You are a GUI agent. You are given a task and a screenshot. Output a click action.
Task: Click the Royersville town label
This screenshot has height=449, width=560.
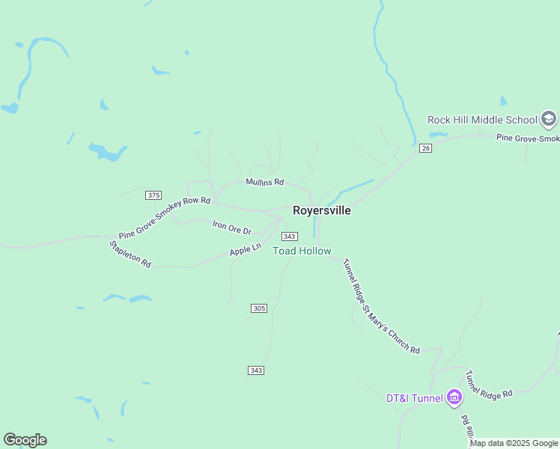coord(321,210)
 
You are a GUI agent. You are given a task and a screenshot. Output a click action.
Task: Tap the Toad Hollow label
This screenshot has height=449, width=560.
coord(302,251)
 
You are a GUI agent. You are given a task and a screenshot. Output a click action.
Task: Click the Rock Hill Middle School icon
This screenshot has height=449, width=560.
coord(549,119)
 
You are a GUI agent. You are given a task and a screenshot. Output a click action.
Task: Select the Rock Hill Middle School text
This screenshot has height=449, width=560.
coord(482,120)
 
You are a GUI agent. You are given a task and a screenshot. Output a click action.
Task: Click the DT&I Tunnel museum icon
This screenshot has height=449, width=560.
coord(454,397)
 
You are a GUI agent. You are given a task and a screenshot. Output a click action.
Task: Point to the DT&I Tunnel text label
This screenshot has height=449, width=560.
coord(414,398)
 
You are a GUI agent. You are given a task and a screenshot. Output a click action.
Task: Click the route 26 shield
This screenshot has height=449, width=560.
coord(426,148)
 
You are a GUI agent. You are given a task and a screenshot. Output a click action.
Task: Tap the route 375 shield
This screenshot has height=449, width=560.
coord(153,195)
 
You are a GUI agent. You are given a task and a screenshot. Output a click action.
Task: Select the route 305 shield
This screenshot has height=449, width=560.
coord(258,308)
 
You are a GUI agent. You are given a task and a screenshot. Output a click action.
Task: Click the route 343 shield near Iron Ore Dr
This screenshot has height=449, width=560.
coord(290,236)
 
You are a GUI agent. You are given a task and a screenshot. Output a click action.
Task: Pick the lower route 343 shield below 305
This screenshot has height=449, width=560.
coord(255,370)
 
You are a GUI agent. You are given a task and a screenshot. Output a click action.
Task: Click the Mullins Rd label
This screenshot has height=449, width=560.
coord(265,182)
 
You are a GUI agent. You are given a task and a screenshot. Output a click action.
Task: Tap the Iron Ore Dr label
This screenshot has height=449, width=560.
coord(231,227)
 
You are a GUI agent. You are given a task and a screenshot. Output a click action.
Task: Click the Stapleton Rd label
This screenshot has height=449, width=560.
coord(130,254)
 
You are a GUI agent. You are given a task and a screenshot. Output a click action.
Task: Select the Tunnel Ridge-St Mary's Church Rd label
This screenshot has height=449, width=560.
coord(380,306)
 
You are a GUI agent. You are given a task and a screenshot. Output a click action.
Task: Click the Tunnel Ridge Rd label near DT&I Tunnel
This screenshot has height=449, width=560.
coord(488,384)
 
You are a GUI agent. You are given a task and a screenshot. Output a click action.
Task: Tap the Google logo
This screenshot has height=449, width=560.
coord(25,440)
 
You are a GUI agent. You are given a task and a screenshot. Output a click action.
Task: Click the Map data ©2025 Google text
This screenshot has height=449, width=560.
coord(514,443)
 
